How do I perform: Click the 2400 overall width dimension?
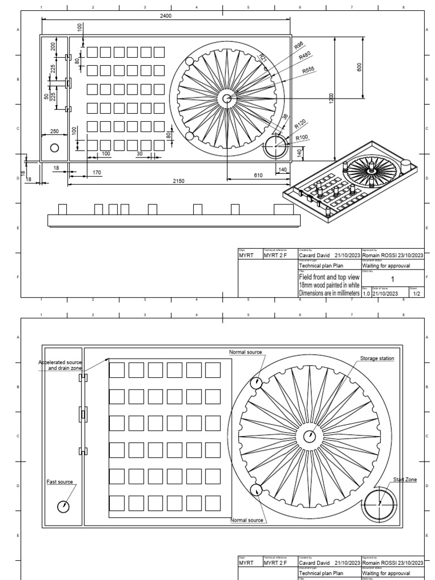tap(166, 16)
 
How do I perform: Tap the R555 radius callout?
tap(309, 70)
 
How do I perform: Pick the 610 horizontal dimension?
tap(258, 176)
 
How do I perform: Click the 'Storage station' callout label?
tap(377, 359)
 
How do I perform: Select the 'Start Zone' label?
tap(405, 480)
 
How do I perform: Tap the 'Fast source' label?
tap(59, 482)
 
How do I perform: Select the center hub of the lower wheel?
tap(309, 436)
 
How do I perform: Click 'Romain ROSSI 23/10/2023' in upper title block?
tap(392, 255)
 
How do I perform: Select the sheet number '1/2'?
tap(417, 293)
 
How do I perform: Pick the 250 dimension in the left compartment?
tap(54, 131)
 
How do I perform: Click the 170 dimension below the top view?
tap(96, 172)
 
